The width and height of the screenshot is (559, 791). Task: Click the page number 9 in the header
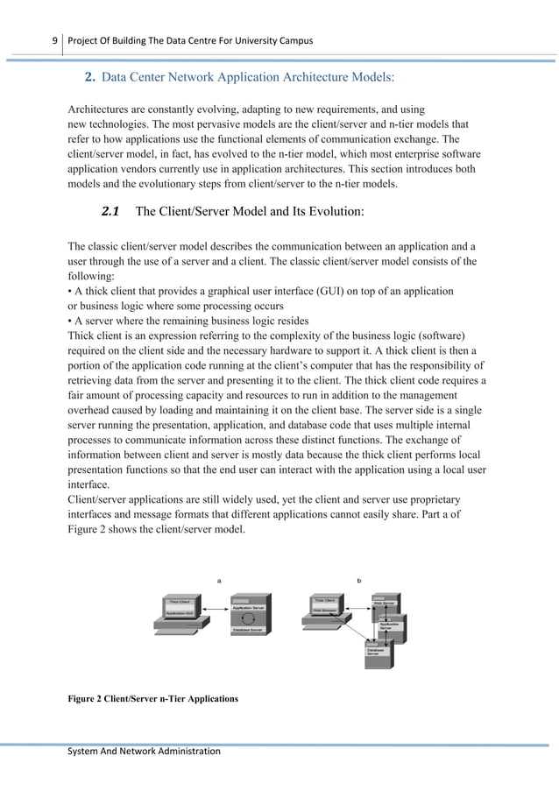(54, 40)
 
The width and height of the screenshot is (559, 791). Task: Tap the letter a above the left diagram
(218, 579)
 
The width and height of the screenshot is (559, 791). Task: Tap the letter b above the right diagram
(358, 579)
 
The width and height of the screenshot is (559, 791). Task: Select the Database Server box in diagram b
(375, 652)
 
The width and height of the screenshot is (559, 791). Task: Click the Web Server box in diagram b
(385, 603)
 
